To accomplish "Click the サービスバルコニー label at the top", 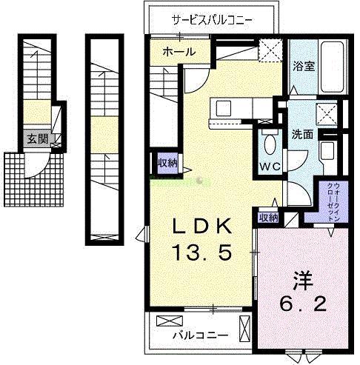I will (213, 19).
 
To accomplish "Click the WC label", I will (270, 166).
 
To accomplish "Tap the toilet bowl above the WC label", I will (268, 142).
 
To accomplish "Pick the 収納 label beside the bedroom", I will (268, 218).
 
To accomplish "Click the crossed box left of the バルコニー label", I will (167, 321).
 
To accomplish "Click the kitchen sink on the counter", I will (222, 108).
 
